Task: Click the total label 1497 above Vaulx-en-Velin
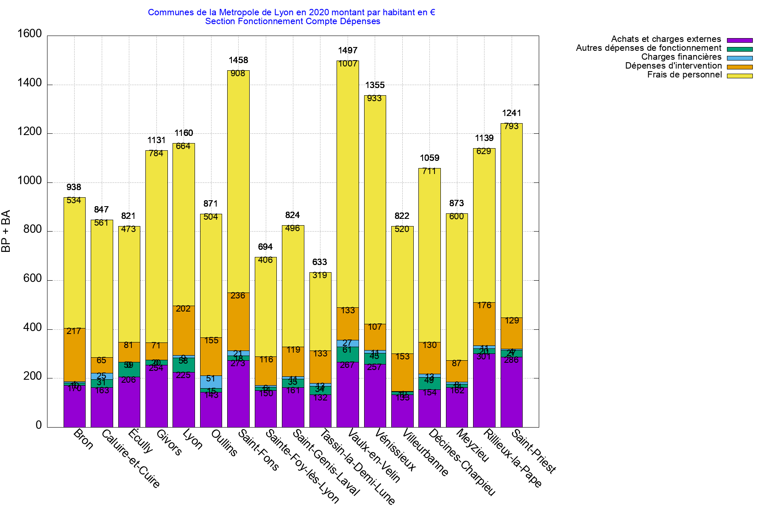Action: pyautogui.click(x=348, y=51)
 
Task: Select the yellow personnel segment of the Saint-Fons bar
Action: pyautogui.click(x=238, y=182)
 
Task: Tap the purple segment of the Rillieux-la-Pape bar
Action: pyautogui.click(x=484, y=389)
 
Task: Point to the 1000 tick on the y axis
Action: pyautogui.click(x=29, y=181)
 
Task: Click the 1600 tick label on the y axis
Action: pyautogui.click(x=29, y=34)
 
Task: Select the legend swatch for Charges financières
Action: pyautogui.click(x=740, y=58)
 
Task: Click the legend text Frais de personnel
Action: pyautogui.click(x=684, y=75)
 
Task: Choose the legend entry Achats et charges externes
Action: pyautogui.click(x=666, y=39)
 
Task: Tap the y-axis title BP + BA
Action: pyautogui.click(x=6, y=231)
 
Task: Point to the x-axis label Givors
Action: pyautogui.click(x=169, y=442)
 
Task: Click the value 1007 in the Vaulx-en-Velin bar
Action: pyautogui.click(x=348, y=64)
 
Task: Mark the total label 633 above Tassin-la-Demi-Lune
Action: pyautogui.click(x=320, y=262)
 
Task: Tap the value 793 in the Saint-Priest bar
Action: pyautogui.click(x=511, y=126)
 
